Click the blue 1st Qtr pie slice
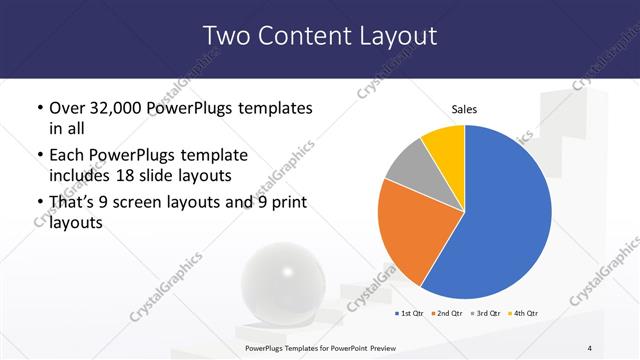[505, 220]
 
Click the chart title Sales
[464, 108]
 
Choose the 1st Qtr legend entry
[410, 314]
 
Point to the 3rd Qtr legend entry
[484, 314]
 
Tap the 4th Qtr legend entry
[521, 314]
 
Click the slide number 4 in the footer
[590, 347]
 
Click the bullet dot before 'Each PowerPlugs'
[38, 156]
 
